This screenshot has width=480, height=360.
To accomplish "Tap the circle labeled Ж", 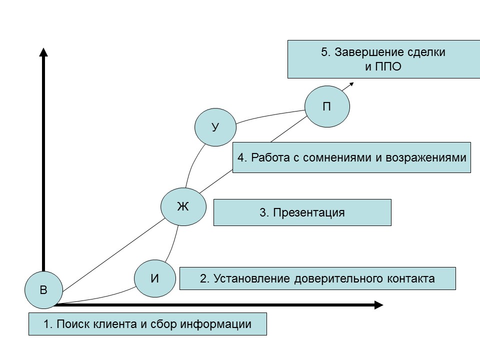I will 183,206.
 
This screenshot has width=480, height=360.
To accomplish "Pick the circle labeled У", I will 215,127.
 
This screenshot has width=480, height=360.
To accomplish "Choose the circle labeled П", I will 327,106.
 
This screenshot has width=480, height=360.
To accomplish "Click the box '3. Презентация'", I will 302,212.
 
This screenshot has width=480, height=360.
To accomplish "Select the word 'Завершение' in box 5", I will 363,52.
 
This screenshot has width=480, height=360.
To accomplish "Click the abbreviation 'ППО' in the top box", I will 389,66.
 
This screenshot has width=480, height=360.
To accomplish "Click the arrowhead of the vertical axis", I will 43,52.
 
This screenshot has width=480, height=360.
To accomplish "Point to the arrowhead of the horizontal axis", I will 378,305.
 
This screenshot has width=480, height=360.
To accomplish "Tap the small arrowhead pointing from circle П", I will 351,84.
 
